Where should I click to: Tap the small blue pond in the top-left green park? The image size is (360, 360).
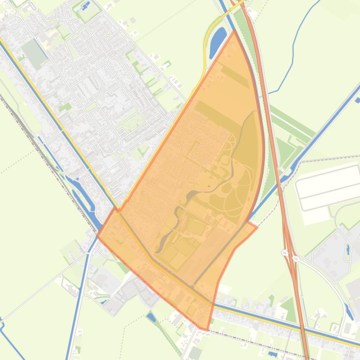(x=86, y=6)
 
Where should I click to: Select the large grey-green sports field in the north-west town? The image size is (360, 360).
(x=36, y=52)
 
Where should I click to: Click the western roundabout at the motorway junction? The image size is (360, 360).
(x=284, y=253)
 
